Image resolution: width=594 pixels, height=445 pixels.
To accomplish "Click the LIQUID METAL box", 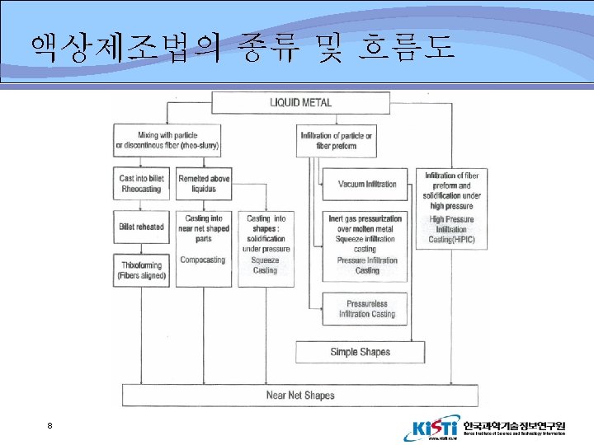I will pos(301,103).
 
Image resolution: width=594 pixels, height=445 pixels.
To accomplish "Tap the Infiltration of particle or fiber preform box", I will pos(336,140).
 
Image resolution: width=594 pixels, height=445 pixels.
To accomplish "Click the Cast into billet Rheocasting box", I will pos(141,184).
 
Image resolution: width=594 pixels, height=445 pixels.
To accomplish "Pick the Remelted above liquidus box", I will pos(204,184).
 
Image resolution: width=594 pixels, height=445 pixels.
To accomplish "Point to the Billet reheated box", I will pos(141,227).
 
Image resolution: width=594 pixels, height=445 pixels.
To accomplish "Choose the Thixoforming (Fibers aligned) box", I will pos(141,270).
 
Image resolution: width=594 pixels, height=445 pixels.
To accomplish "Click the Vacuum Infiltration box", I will pos(367,184).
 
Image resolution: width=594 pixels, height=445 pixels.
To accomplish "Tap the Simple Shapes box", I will pos(360,352).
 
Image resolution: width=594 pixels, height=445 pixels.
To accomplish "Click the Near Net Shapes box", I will pos(300,396).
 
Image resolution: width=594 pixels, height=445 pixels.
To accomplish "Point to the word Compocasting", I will pos(203,260).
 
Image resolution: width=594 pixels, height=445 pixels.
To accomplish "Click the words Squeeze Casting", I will pos(266,265).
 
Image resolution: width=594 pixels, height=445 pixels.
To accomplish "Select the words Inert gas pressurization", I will pos(367,218).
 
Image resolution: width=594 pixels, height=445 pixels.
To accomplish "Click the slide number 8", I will pos(50,425).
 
